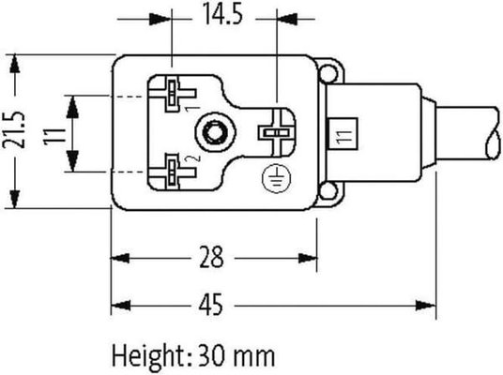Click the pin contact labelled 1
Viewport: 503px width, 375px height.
click(x=175, y=94)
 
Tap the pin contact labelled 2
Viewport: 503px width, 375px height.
click(x=175, y=170)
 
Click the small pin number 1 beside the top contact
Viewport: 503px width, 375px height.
click(x=191, y=109)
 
